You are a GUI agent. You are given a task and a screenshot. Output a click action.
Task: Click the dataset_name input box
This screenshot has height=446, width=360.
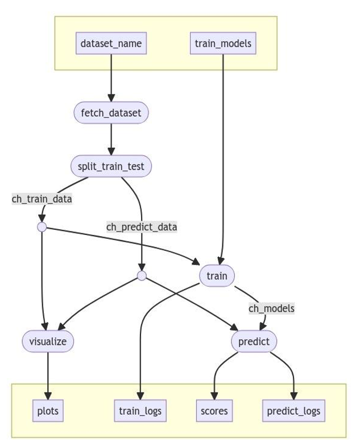pyautogui.click(x=111, y=43)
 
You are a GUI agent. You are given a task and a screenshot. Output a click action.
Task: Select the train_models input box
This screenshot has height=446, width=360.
pyautogui.click(x=222, y=43)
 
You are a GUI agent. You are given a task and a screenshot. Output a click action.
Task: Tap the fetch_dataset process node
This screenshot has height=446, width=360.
pyautogui.click(x=111, y=113)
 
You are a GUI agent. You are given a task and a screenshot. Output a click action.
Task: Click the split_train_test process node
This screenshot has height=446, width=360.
pyautogui.click(x=111, y=167)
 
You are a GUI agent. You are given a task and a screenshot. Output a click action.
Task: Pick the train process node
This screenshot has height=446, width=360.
pyautogui.click(x=217, y=276)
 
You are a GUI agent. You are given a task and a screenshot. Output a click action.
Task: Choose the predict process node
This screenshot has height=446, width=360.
pyautogui.click(x=254, y=341)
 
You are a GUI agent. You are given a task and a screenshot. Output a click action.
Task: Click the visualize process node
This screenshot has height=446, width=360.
pyautogui.click(x=48, y=341)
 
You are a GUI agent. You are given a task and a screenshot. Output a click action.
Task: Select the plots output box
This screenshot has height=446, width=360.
pyautogui.click(x=48, y=411)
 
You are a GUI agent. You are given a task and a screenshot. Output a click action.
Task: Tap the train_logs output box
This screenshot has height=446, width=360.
pyautogui.click(x=140, y=411)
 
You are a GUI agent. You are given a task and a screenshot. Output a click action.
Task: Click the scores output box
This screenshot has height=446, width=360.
pyautogui.click(x=214, y=411)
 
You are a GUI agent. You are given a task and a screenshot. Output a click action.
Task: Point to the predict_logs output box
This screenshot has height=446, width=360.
pyautogui.click(x=293, y=411)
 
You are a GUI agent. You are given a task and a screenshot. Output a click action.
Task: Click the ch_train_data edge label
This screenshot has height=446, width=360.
pyautogui.click(x=42, y=199)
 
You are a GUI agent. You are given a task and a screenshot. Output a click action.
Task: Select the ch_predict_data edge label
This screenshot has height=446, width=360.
pyautogui.click(x=142, y=227)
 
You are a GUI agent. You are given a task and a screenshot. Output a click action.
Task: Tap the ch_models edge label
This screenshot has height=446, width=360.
pyautogui.click(x=271, y=308)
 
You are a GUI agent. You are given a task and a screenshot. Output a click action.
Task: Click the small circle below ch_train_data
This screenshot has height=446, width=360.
pyautogui.click(x=42, y=227)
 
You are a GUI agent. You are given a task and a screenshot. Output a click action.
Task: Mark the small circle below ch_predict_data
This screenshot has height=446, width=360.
pyautogui.click(x=142, y=276)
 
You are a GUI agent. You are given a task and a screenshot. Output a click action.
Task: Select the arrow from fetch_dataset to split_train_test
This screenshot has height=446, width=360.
pyautogui.click(x=111, y=139)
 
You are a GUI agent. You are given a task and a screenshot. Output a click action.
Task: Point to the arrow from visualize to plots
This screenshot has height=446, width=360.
pyautogui.click(x=48, y=375)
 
